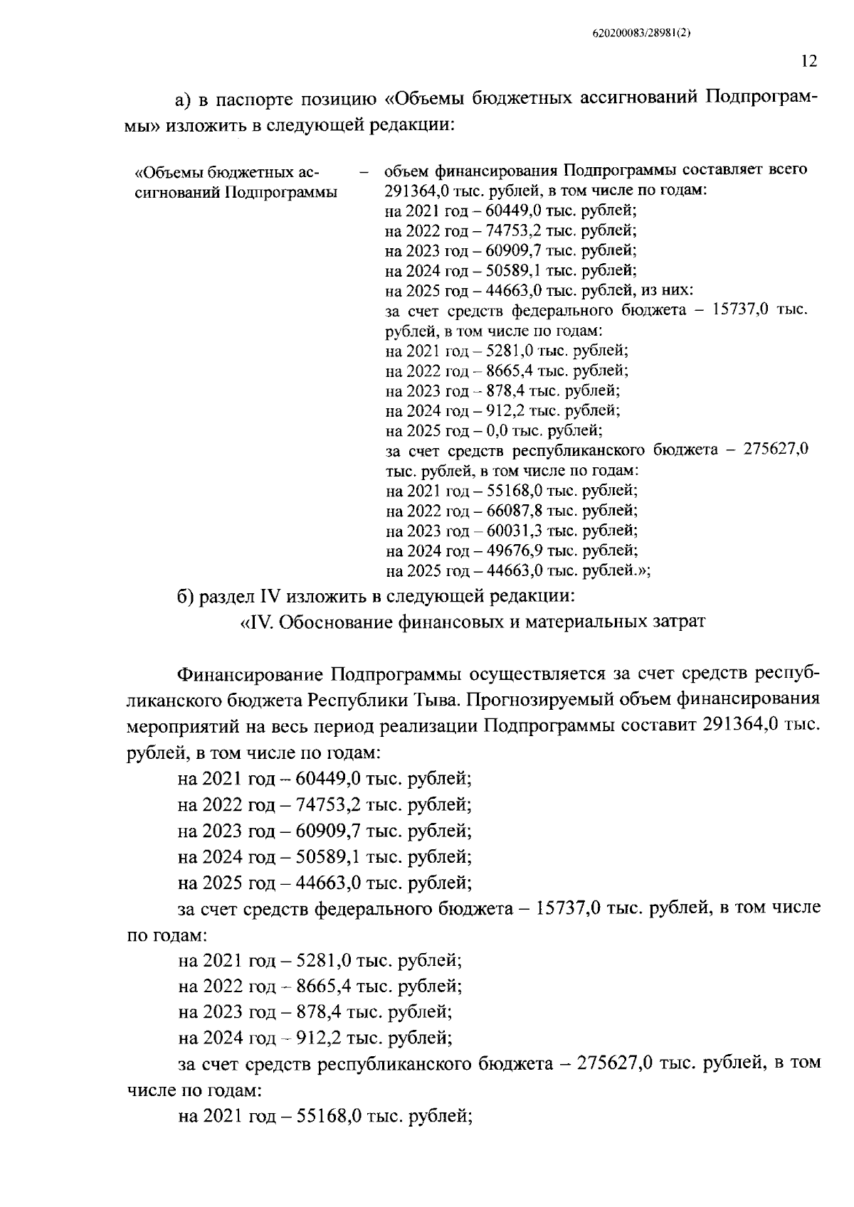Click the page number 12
pyautogui.click(x=808, y=61)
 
